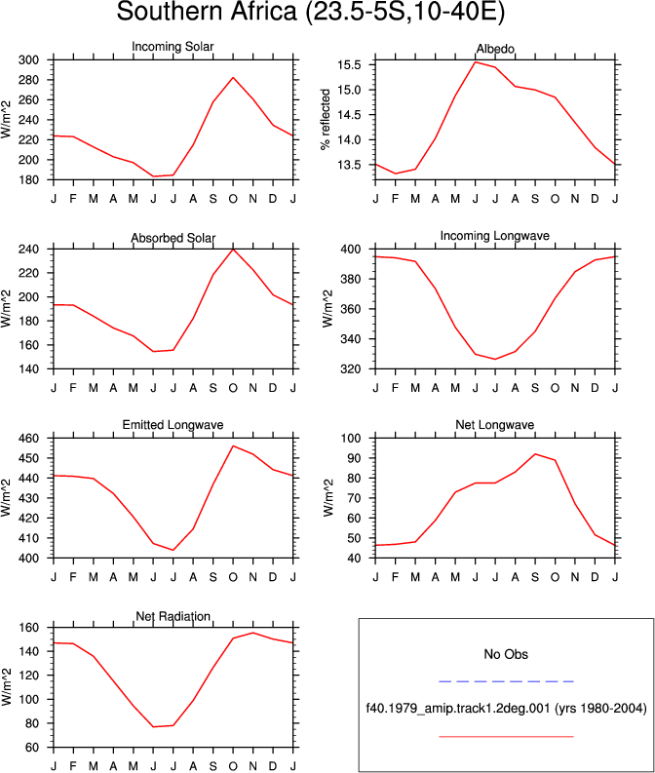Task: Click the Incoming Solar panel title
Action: (x=173, y=47)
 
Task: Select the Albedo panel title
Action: (x=495, y=49)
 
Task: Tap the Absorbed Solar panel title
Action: (x=173, y=238)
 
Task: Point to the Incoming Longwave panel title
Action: (x=495, y=236)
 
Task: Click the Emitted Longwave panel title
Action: (x=173, y=424)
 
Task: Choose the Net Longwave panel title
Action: (x=495, y=424)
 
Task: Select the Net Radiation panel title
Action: (x=173, y=616)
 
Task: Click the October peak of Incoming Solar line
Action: (x=233, y=77)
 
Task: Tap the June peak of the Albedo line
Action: (x=475, y=62)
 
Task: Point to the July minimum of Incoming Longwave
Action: (x=495, y=359)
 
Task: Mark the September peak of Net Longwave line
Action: (x=535, y=454)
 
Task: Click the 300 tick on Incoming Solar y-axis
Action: (x=28, y=60)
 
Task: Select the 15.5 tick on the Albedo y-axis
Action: (x=349, y=65)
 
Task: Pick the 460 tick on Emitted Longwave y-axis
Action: (x=28, y=439)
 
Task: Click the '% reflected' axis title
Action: (x=326, y=120)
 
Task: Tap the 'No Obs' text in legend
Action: (x=506, y=654)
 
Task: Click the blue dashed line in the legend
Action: (x=506, y=681)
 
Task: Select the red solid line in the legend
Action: (x=506, y=737)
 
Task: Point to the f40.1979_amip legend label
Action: (x=506, y=709)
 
